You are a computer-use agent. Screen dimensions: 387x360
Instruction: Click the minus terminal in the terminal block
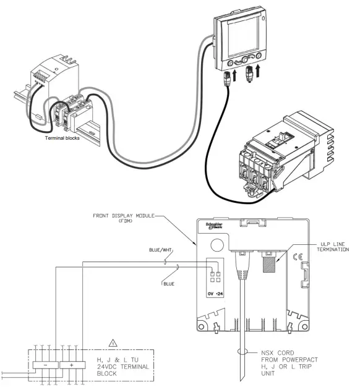tap(48, 365)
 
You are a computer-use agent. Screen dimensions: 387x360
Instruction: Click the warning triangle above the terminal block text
tap(111, 342)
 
